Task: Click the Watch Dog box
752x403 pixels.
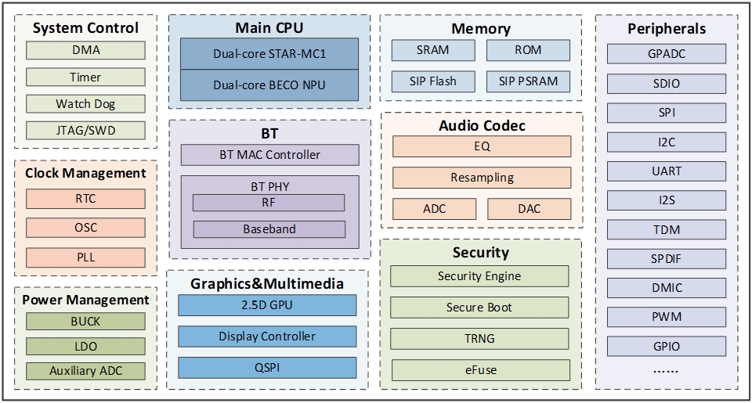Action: click(85, 104)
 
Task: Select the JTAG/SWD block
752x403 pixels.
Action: click(85, 131)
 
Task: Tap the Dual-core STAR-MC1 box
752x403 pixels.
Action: click(269, 54)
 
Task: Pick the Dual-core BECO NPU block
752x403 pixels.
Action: click(269, 85)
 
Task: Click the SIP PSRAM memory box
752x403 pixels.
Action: click(528, 81)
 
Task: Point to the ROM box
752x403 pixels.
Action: click(528, 50)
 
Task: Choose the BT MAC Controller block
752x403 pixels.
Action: click(269, 154)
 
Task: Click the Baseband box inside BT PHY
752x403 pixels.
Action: click(269, 229)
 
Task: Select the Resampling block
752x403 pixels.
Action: click(482, 178)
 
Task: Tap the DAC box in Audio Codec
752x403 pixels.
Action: click(530, 209)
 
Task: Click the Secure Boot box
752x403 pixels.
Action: click(479, 308)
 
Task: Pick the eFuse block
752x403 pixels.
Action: click(479, 370)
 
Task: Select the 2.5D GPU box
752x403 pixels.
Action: click(267, 305)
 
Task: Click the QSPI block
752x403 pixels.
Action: click(267, 367)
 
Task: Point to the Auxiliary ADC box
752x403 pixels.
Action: click(85, 371)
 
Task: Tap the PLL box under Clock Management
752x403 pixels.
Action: click(85, 257)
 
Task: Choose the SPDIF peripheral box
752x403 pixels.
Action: click(666, 257)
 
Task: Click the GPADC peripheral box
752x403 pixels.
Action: click(666, 54)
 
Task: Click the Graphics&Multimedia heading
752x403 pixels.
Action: click(267, 283)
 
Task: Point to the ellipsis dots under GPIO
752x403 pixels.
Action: click(666, 370)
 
